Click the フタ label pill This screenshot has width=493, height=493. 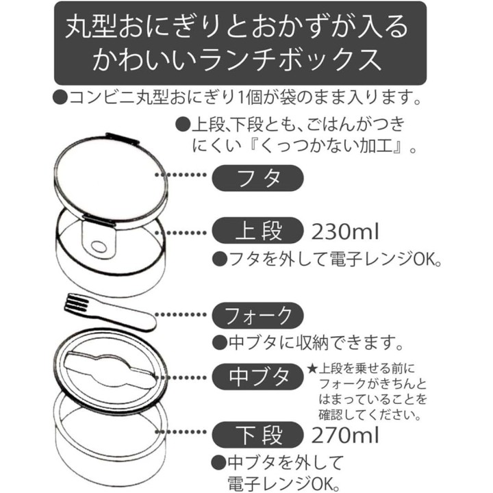coord(258,178)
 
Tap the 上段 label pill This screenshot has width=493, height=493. coord(258,231)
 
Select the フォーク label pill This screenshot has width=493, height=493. coord(258,316)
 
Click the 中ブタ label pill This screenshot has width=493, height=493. coord(258,377)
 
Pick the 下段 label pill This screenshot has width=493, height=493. coord(258,435)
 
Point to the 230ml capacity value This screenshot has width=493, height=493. coord(345,232)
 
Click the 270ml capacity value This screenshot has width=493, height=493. coord(345,435)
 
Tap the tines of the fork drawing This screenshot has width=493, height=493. coord(77,303)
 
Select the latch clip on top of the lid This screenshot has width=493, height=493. coord(122,138)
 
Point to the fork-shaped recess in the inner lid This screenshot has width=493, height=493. coord(111,367)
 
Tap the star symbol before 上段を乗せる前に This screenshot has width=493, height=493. coord(312,369)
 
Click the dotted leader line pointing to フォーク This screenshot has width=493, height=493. coord(181,314)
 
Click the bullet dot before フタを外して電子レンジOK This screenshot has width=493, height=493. coord(220,260)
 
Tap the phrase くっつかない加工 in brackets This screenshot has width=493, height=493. coord(327,147)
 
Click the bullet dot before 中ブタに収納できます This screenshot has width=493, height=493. coord(220,343)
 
